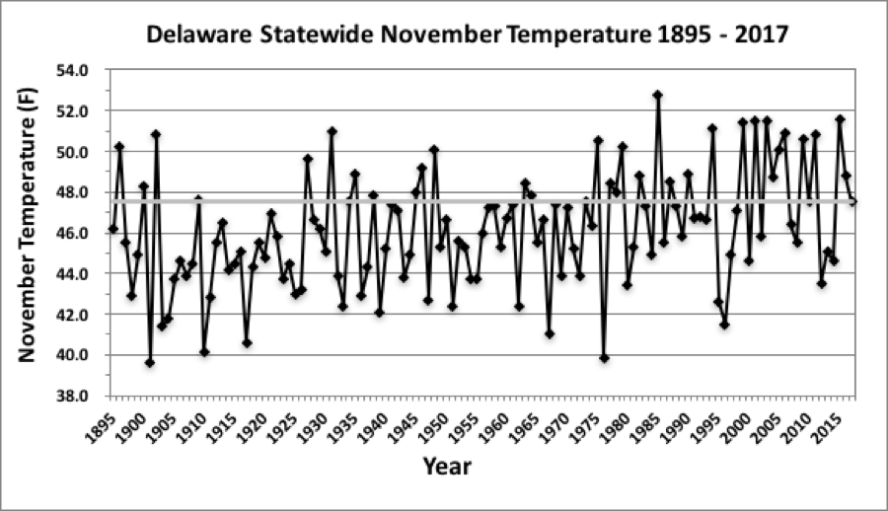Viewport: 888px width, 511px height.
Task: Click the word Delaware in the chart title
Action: click(193, 36)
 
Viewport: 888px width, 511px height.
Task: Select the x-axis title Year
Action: click(446, 466)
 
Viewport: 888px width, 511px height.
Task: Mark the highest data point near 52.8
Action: click(657, 96)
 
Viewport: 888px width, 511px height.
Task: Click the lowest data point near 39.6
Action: click(149, 362)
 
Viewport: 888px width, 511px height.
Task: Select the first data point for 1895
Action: click(112, 229)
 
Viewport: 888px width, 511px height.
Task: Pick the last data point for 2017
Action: click(852, 202)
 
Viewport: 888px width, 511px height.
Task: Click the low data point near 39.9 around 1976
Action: click(604, 358)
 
